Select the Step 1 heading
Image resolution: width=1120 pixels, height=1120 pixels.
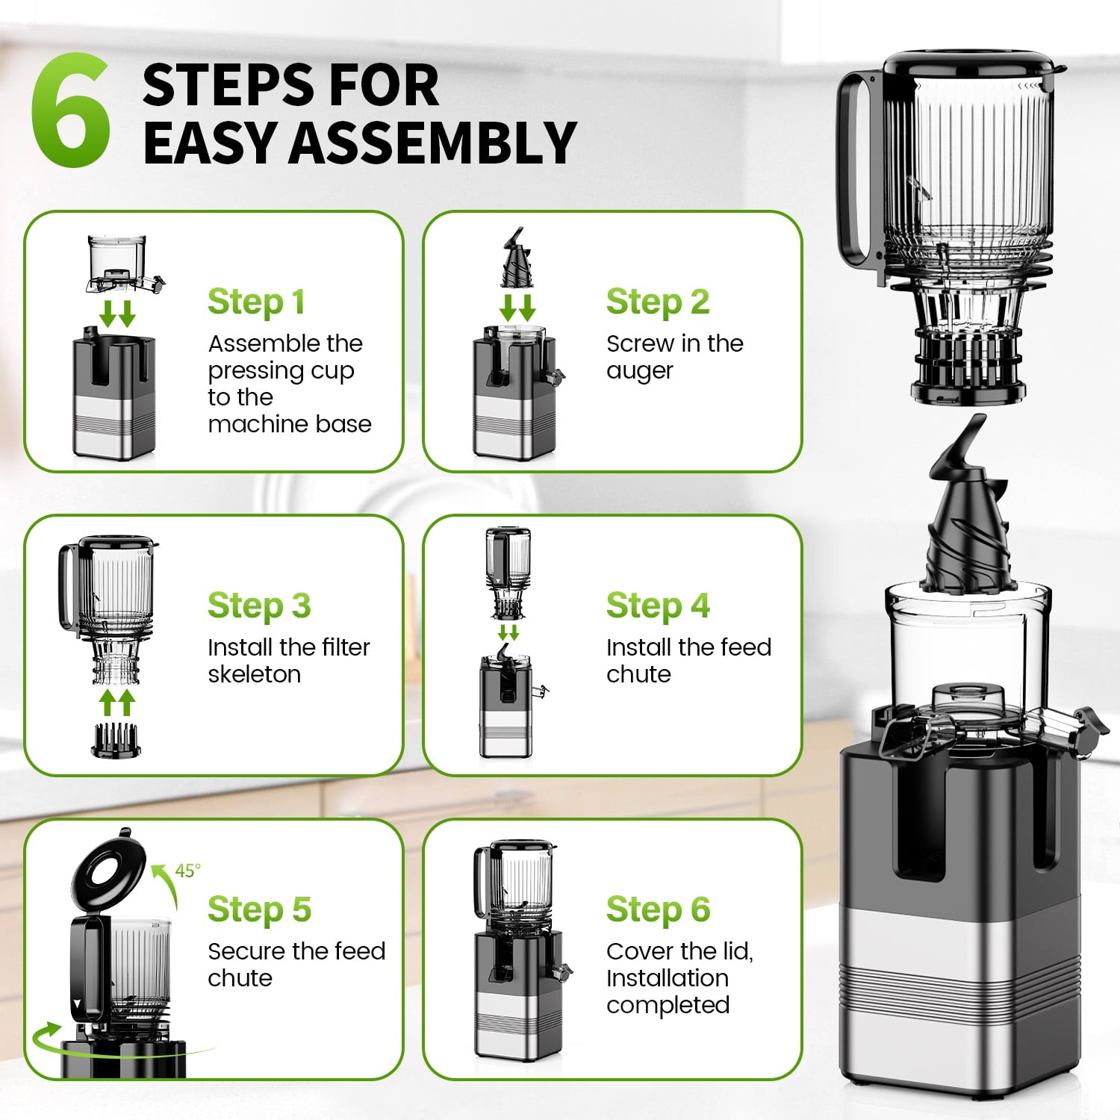pos(256,302)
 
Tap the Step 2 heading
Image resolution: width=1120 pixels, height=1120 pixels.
pos(657,302)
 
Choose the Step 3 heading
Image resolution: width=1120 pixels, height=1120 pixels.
pos(258,606)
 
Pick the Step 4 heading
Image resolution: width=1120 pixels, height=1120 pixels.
pos(657,606)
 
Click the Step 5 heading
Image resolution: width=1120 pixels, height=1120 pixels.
pos(258,909)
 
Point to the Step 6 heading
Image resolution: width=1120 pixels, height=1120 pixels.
pos(657,909)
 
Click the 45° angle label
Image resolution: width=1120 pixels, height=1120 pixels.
pos(187,871)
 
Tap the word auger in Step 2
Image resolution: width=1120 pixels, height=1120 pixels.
pos(639,371)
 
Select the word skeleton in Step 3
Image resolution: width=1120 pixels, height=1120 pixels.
pos(254,674)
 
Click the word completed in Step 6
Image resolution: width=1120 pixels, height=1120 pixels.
pos(668,1005)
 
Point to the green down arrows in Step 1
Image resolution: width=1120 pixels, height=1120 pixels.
pos(117,314)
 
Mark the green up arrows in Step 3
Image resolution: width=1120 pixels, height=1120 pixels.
pos(117,703)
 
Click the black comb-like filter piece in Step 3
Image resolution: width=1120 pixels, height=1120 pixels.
pos(116,740)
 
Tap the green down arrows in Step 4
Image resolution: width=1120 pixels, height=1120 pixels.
pos(508,632)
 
